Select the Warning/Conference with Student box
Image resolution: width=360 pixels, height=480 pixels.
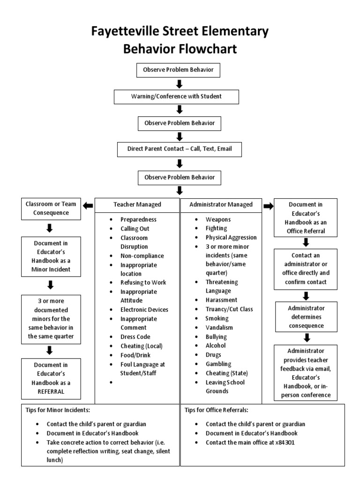tap(177, 97)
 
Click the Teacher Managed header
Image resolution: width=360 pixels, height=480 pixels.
tap(137, 204)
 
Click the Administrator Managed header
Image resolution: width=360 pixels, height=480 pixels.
tap(221, 204)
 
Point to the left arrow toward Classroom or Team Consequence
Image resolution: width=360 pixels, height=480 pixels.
tap(88, 204)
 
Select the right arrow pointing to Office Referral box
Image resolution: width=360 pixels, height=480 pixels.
tap(269, 205)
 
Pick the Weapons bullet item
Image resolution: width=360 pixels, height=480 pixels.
tap(218, 219)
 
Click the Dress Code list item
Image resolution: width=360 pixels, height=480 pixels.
tap(136, 337)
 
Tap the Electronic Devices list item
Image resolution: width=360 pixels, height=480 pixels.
tap(144, 309)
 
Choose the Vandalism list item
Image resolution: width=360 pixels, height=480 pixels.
tap(219, 328)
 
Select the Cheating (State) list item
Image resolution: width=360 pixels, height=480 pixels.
tap(226, 373)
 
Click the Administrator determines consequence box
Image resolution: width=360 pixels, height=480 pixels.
tap(307, 317)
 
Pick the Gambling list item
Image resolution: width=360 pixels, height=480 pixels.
tap(218, 364)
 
